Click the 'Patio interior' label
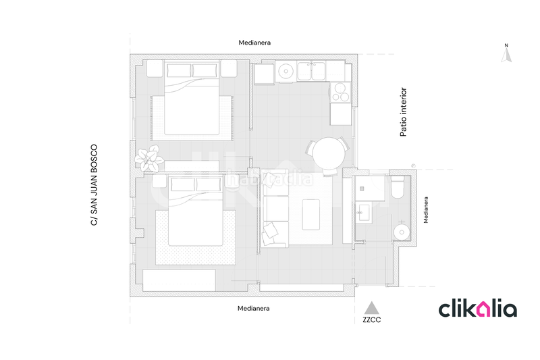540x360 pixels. pyautogui.click(x=403, y=112)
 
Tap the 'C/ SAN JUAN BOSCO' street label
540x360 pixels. pyautogui.click(x=94, y=185)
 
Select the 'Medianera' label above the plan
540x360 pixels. pyautogui.click(x=254, y=43)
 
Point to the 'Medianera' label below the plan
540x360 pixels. pyautogui.click(x=254, y=308)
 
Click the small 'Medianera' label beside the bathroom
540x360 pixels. pyautogui.click(x=426, y=210)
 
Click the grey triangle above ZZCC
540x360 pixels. pyautogui.click(x=372, y=308)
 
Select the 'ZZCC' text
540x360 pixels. pyautogui.click(x=372, y=319)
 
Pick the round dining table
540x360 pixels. pyautogui.click(x=329, y=153)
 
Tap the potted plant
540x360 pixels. pyautogui.click(x=149, y=159)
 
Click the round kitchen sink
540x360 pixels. pyautogui.click(x=286, y=72)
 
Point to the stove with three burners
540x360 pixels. pyautogui.click(x=340, y=93)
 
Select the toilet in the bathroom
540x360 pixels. pyautogui.click(x=398, y=187)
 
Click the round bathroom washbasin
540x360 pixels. pyautogui.click(x=402, y=232)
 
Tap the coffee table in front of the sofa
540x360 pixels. pyautogui.click(x=310, y=215)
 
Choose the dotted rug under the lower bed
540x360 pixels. pyautogui.click(x=196, y=237)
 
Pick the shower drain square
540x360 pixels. pyautogui.click(x=362, y=189)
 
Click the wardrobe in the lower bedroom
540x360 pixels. pyautogui.click(x=179, y=280)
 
